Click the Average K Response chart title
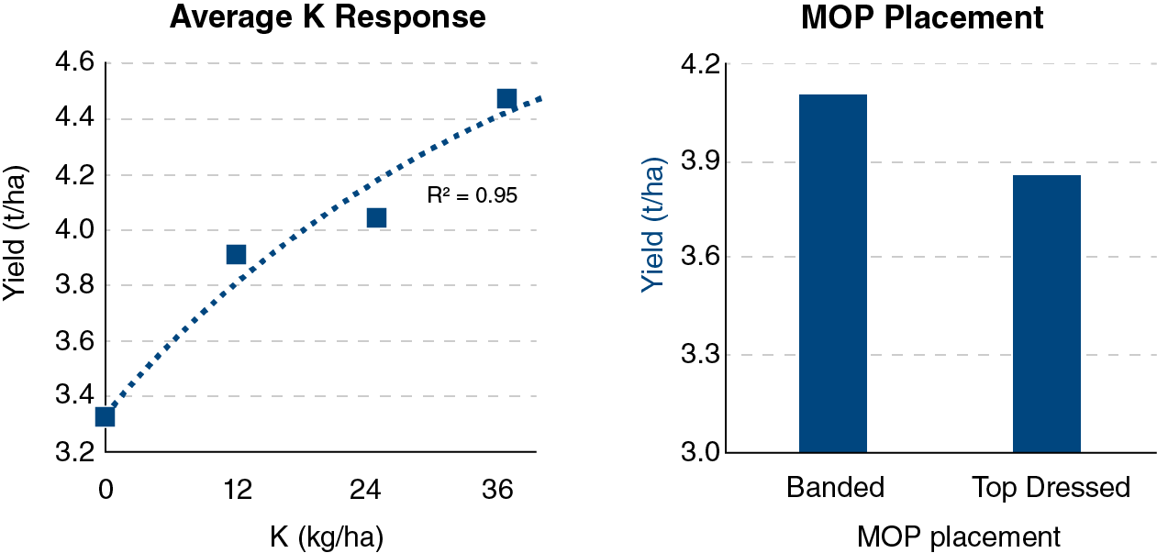coord(328,17)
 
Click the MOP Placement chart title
coord(922,17)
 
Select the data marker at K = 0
coord(105,416)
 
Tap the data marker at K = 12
coord(236,254)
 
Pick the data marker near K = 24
coord(376,217)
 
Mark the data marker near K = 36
coord(506,98)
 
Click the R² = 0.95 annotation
coord(473,195)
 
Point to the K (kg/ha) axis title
coord(327,537)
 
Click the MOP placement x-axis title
coord(959,537)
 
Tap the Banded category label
coord(835,487)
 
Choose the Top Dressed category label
coord(1051,487)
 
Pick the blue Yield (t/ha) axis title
coord(652,229)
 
